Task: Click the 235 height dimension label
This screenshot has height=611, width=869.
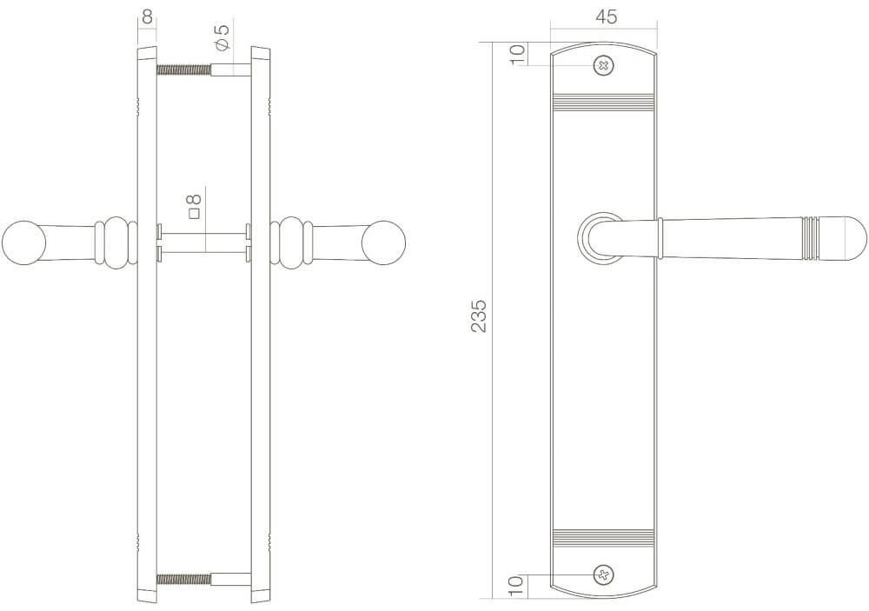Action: (477, 316)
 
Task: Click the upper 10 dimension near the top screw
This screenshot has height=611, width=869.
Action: (516, 53)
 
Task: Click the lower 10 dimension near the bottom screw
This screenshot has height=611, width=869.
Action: (516, 586)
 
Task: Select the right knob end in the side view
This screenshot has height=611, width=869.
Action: (385, 242)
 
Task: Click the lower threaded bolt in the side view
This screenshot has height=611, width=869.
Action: (184, 578)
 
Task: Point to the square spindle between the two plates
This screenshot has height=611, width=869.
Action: (203, 242)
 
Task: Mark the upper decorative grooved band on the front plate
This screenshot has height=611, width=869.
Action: (605, 103)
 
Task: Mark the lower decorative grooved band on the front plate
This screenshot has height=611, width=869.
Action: (605, 537)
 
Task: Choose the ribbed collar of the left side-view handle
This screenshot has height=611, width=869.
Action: (116, 242)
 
